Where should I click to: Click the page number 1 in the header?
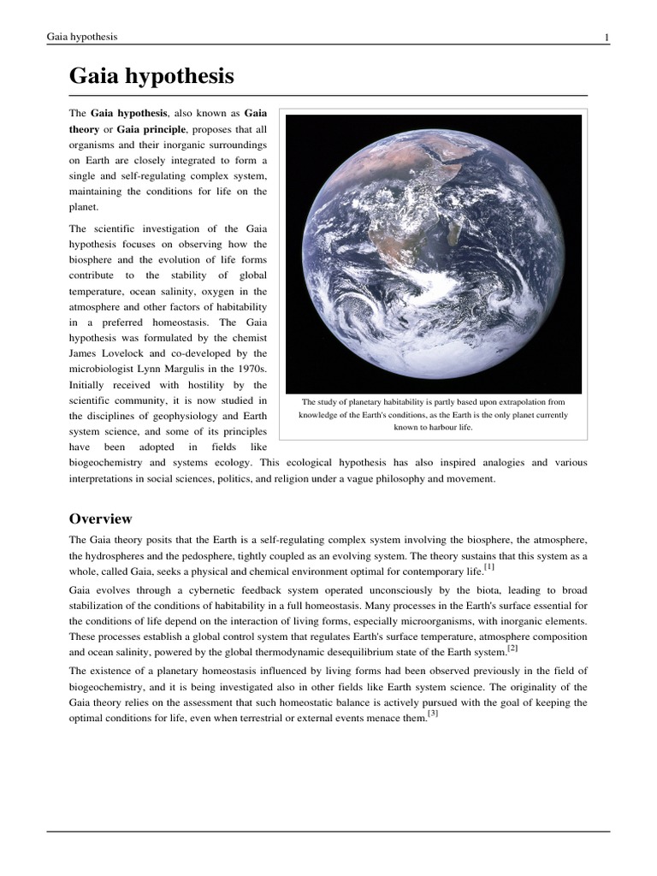point(606,38)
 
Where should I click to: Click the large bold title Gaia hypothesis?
point(151,77)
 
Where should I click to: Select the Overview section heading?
point(100,518)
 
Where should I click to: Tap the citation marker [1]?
point(488,566)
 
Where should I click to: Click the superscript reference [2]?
point(512,648)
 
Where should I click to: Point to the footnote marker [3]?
point(433,713)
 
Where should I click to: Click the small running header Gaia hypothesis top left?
point(82,38)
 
